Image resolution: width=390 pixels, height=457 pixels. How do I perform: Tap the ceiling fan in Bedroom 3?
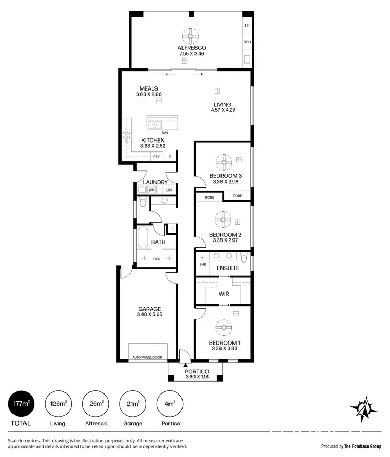(224, 162)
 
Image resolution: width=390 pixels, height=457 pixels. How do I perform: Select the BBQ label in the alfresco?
(247, 41)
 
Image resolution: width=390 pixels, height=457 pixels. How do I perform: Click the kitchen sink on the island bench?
(154, 125)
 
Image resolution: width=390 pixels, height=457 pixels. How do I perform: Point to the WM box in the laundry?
(152, 190)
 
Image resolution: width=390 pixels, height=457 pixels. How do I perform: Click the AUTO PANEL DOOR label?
(148, 358)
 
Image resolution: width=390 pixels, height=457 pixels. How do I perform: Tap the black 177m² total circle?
(21, 404)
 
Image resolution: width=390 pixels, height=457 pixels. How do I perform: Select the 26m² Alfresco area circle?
(96, 404)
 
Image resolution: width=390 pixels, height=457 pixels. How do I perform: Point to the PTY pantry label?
(156, 157)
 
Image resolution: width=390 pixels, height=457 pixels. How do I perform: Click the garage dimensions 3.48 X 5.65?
(149, 315)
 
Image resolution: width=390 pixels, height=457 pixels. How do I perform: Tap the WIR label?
(224, 294)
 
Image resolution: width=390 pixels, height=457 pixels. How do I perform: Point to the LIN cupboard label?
(169, 190)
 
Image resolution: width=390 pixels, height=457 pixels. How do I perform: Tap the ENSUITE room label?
(228, 268)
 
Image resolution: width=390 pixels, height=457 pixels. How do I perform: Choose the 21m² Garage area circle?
(133, 404)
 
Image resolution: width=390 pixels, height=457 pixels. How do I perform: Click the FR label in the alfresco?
(247, 26)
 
